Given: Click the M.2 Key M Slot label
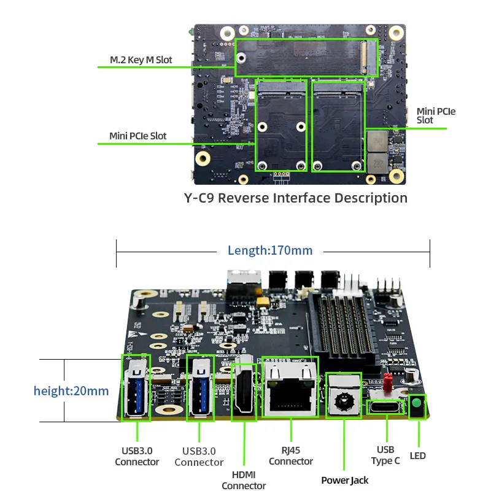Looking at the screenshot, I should click(141, 60).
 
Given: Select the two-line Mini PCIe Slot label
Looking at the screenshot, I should click(436, 115).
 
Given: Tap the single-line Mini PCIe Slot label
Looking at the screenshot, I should click(137, 136).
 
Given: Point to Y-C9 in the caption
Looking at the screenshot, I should click(199, 198).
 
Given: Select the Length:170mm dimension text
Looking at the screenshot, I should click(270, 250).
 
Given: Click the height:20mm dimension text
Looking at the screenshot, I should click(71, 390).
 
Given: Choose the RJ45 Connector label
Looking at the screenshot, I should click(291, 456).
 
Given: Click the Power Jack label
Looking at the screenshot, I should click(345, 480).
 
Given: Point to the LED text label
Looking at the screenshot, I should click(417, 456).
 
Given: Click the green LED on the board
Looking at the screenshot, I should click(417, 404).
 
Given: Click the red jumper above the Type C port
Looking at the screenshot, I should click(387, 382).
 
